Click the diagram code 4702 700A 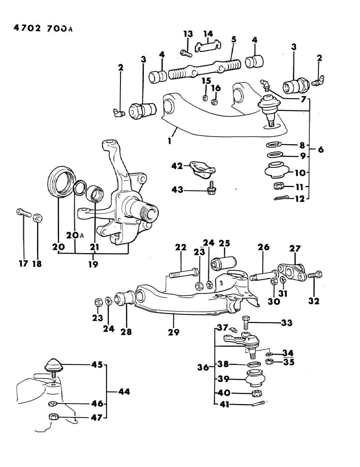click(x=43, y=28)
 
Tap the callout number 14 click(x=208, y=34)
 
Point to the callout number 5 click(x=234, y=39)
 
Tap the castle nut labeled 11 click(x=279, y=186)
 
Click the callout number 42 click(x=177, y=166)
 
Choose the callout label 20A click(x=74, y=235)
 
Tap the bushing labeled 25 click(x=224, y=263)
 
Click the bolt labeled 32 click(x=315, y=275)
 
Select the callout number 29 click(x=174, y=332)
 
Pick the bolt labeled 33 click(x=245, y=323)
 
